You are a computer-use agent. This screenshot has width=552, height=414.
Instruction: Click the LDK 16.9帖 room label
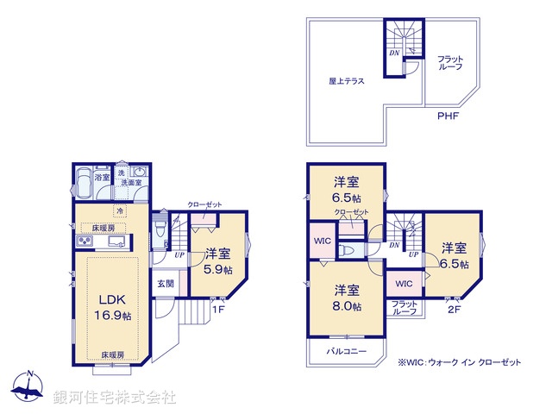(114, 308)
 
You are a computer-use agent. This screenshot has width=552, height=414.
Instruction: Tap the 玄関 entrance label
(166, 283)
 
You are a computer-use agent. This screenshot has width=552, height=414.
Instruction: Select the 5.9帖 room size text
(217, 267)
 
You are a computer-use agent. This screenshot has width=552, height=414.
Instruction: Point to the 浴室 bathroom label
(102, 177)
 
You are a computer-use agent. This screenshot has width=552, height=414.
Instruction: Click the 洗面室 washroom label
(130, 183)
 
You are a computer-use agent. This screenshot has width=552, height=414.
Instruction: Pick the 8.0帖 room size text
(348, 305)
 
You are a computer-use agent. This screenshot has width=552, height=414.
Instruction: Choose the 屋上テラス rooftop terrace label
(345, 81)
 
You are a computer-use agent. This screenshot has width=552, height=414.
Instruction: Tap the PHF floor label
(448, 116)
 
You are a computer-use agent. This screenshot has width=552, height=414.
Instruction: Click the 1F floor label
(218, 310)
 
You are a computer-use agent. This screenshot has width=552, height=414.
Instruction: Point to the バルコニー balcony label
(347, 352)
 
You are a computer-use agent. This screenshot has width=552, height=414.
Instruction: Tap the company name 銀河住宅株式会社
(114, 398)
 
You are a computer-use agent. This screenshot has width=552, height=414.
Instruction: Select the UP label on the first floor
(179, 255)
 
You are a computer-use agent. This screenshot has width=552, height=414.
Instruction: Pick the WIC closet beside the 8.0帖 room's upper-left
(322, 241)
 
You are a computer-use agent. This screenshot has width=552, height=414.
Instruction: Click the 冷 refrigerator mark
(120, 210)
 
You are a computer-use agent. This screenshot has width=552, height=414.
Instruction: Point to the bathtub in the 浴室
(83, 185)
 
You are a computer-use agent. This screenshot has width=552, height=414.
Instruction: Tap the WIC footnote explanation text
(459, 363)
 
